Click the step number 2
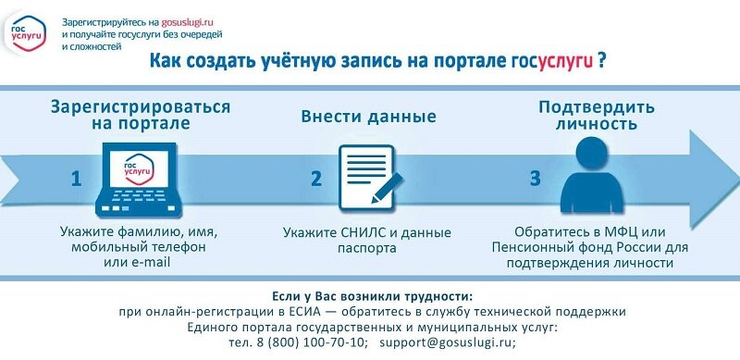point(315,179)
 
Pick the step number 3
point(534,179)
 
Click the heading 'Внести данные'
point(368,118)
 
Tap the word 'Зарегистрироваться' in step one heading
point(141,106)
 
